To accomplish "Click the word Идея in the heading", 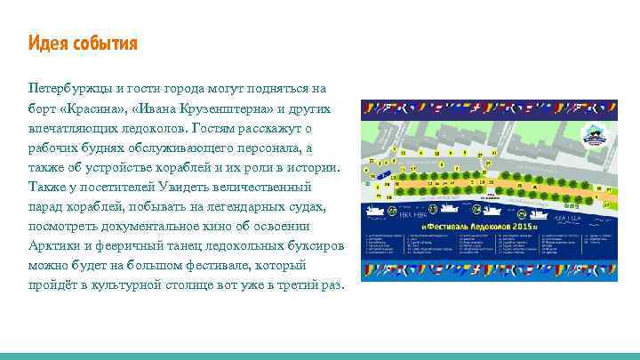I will pos(47,44).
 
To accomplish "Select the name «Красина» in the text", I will pos(93,108).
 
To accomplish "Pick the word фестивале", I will pos(213,265).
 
